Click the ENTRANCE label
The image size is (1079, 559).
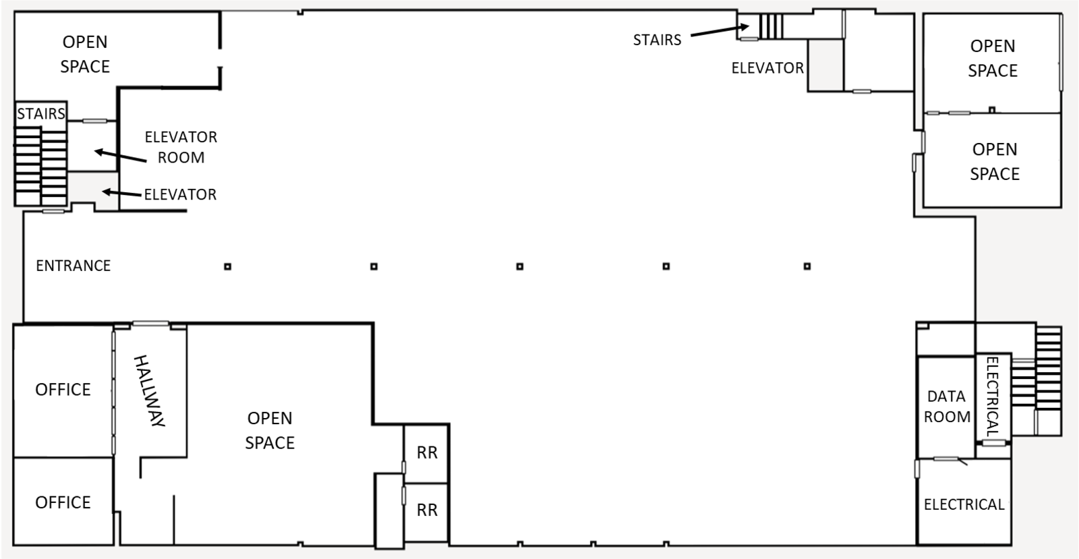click(73, 266)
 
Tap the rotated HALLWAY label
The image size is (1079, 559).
click(150, 390)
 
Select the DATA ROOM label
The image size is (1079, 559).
click(947, 407)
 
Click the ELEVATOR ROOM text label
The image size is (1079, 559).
click(181, 147)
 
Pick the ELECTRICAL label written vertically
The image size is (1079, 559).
click(993, 396)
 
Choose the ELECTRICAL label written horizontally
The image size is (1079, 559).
click(964, 504)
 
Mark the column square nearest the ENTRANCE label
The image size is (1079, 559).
click(228, 266)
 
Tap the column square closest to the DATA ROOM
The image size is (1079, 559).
click(807, 266)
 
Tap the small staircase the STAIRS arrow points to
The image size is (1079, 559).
click(771, 27)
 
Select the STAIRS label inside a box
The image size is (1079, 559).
click(41, 113)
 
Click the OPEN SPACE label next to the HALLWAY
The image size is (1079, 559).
click(270, 430)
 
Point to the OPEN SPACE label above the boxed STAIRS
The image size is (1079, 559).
click(85, 54)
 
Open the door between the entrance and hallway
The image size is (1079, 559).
click(150, 324)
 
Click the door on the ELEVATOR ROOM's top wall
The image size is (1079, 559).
click(94, 121)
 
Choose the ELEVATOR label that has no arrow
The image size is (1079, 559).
click(767, 68)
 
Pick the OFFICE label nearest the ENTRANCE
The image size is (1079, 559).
click(63, 389)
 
